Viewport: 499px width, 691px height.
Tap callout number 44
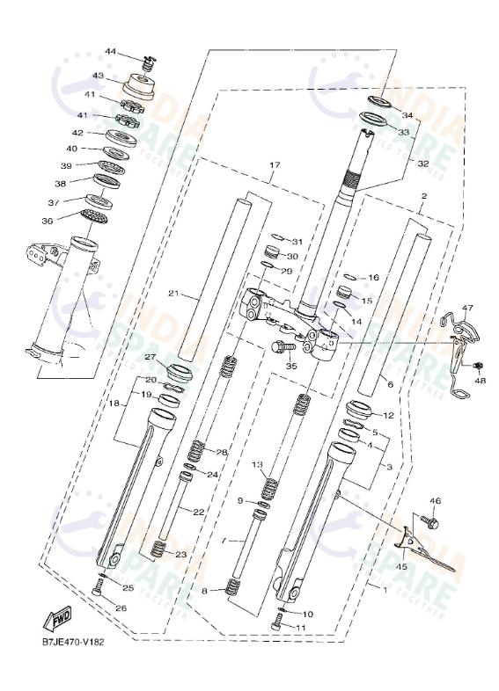point(110,52)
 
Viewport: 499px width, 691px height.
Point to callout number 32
point(423,164)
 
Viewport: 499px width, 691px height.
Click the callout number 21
point(174,294)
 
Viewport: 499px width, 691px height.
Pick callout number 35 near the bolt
point(291,366)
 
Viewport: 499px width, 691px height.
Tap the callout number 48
point(481,381)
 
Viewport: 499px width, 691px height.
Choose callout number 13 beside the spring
point(257,463)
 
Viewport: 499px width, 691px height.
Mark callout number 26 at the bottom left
point(121,607)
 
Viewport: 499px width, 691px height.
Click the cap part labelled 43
point(139,85)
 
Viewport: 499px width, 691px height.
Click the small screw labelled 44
point(150,62)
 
